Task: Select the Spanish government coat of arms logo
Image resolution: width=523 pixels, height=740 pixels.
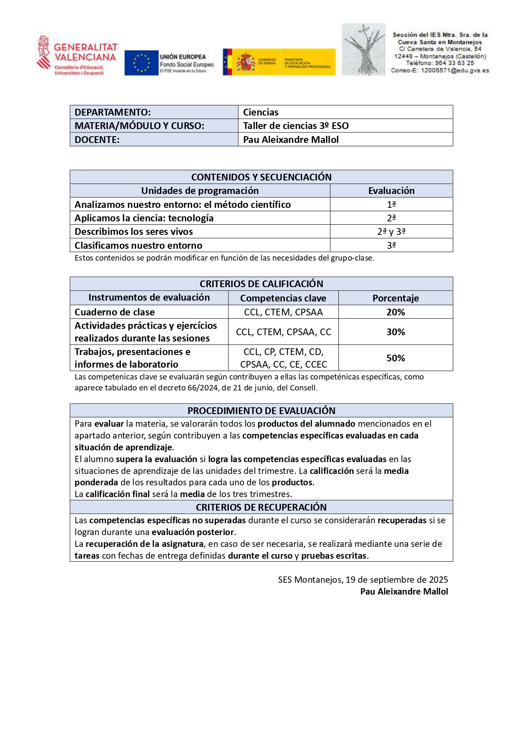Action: click(246, 62)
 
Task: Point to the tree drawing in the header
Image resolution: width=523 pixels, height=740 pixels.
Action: click(363, 50)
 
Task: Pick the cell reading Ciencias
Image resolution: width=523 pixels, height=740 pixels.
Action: click(260, 112)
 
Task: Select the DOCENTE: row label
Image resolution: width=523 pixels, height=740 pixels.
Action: click(97, 140)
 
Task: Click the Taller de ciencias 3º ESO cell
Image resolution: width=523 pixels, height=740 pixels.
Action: click(296, 126)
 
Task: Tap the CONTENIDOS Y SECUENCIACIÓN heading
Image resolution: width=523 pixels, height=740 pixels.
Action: click(261, 177)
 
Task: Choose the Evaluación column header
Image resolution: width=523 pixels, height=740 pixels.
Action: click(391, 191)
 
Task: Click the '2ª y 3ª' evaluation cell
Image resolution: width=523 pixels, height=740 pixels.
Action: click(391, 231)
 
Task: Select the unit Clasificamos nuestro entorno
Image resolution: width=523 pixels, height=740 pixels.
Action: click(138, 245)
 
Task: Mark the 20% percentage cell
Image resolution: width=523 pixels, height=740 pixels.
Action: click(395, 312)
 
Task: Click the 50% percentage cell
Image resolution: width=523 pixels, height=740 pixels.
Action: click(395, 358)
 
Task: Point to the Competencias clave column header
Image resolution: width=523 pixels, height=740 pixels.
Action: click(283, 298)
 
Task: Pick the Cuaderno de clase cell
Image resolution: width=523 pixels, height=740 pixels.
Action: click(115, 312)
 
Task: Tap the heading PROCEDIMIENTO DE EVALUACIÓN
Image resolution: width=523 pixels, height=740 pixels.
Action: click(261, 411)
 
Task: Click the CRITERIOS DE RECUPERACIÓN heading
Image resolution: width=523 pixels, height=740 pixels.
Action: click(261, 507)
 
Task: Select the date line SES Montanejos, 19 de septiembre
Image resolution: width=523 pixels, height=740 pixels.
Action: click(363, 580)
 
